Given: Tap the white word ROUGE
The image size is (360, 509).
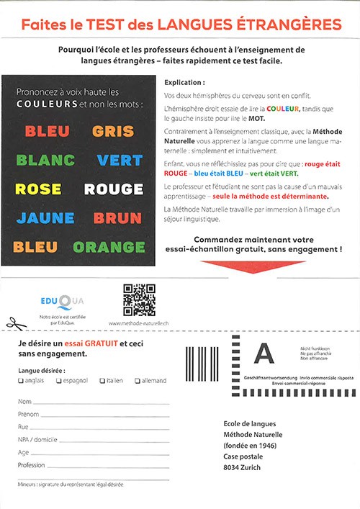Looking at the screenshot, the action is (x=113, y=189).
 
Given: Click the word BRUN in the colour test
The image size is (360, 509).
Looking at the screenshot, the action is (x=117, y=218).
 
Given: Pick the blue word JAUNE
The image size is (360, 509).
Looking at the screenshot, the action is (x=45, y=218).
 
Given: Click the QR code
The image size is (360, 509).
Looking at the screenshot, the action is (x=140, y=300).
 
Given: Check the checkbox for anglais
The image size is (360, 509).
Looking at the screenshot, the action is (x=20, y=381).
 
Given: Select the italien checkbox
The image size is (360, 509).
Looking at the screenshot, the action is (x=102, y=381).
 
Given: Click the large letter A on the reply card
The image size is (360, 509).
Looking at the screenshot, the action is (x=266, y=354).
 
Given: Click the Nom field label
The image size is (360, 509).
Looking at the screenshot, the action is (x=24, y=401).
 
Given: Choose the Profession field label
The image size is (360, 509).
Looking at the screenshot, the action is (x=31, y=466).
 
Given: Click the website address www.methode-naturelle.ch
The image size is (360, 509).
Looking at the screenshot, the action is (x=139, y=325).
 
